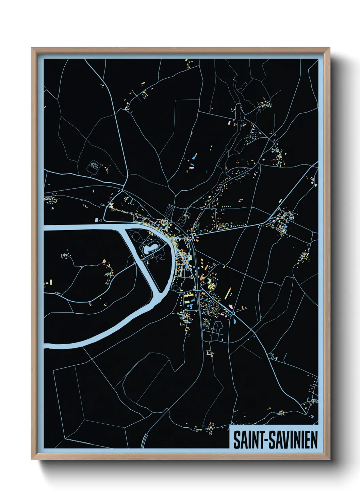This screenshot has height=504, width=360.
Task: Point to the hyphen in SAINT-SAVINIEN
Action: coord(266,440)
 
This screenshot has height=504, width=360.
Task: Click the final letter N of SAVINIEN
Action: coord(314,440)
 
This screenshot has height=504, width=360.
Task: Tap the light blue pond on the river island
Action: coord(150,248)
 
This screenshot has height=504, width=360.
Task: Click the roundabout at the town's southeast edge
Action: coord(233,312)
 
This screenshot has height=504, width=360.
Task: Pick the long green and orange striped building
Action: coord(228,293)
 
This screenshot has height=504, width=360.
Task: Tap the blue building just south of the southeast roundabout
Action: coord(234,320)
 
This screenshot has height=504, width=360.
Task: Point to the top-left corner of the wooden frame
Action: coord(32,48)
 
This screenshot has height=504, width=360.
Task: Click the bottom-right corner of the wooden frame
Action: coord(329,459)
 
